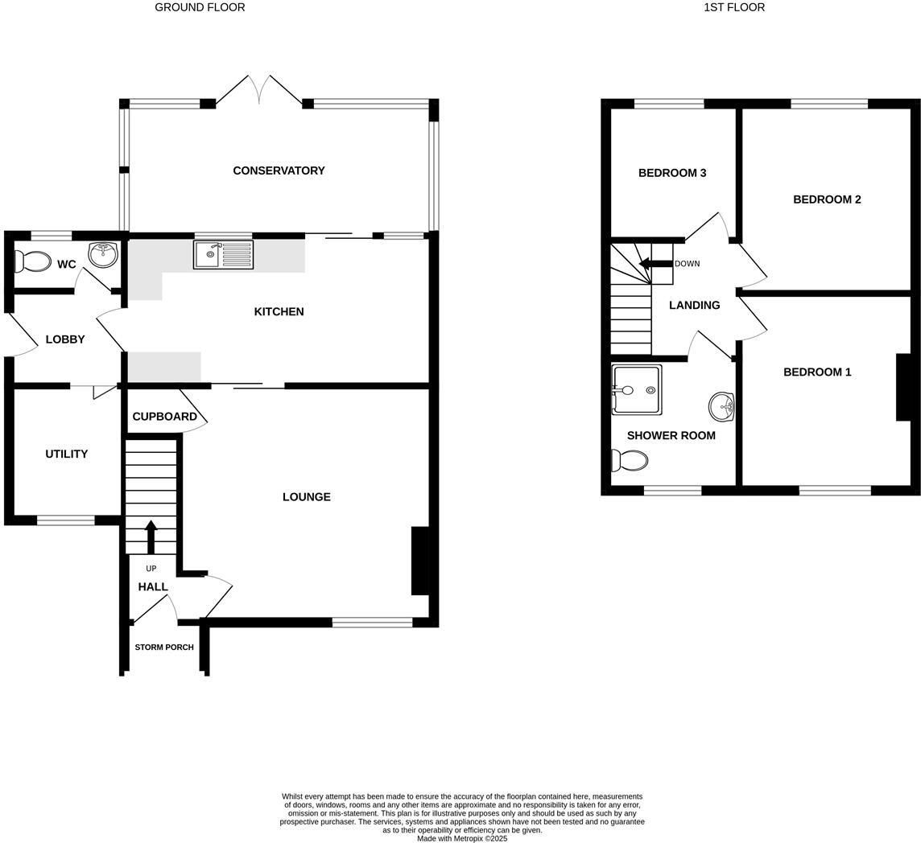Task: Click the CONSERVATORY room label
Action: [x=279, y=171]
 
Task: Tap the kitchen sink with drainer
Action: [x=223, y=255]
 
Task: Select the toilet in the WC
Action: [x=32, y=261]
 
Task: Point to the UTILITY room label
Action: [x=66, y=454]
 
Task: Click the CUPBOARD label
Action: [x=164, y=417]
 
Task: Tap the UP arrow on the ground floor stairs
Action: [x=151, y=537]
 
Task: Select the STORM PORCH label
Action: [x=164, y=648]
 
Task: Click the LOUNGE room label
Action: [x=307, y=497]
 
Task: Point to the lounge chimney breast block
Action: [x=420, y=561]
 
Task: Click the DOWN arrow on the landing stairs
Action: [x=655, y=263]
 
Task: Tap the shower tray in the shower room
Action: [x=637, y=390]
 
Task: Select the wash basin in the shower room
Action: [x=721, y=406]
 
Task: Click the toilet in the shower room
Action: [x=629, y=460]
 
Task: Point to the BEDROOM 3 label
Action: [x=672, y=173]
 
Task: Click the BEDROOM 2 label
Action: [x=827, y=199]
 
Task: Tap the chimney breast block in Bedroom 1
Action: [x=903, y=387]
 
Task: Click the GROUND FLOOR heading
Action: [x=200, y=7]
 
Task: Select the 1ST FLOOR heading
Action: [x=734, y=7]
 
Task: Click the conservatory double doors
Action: [x=259, y=92]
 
